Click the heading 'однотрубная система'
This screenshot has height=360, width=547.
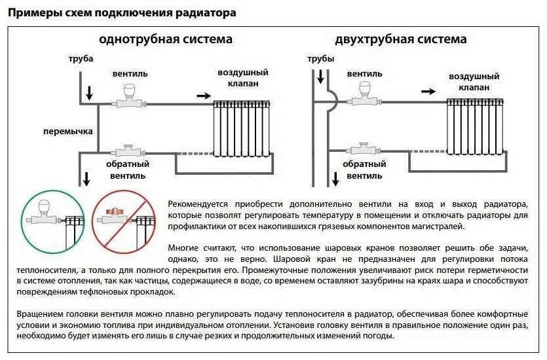(x=165, y=39)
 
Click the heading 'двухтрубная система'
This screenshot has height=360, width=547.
(x=401, y=39)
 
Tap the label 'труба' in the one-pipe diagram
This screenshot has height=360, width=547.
(x=81, y=60)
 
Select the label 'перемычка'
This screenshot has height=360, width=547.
(x=67, y=132)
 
